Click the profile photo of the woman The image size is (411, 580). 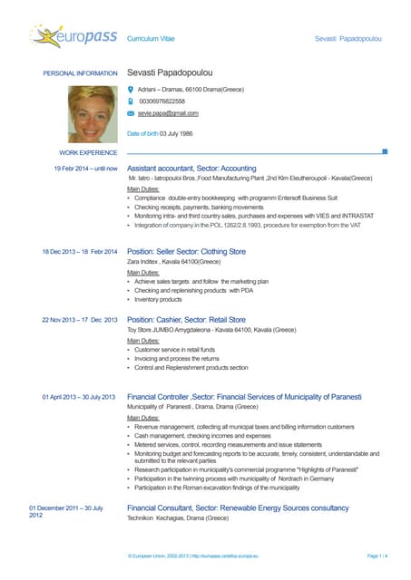tap(93, 115)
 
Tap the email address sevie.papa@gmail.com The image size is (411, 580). tap(168, 113)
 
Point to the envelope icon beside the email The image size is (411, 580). tap(131, 113)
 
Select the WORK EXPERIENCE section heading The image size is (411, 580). tap(88, 153)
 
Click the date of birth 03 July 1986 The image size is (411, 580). tap(160, 133)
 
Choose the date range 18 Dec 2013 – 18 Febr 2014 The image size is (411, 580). tap(80, 251)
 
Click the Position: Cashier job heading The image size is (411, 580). tap(186, 320)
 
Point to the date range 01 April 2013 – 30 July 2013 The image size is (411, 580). tap(79, 397)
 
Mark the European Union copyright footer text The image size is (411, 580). tap(191, 554)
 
